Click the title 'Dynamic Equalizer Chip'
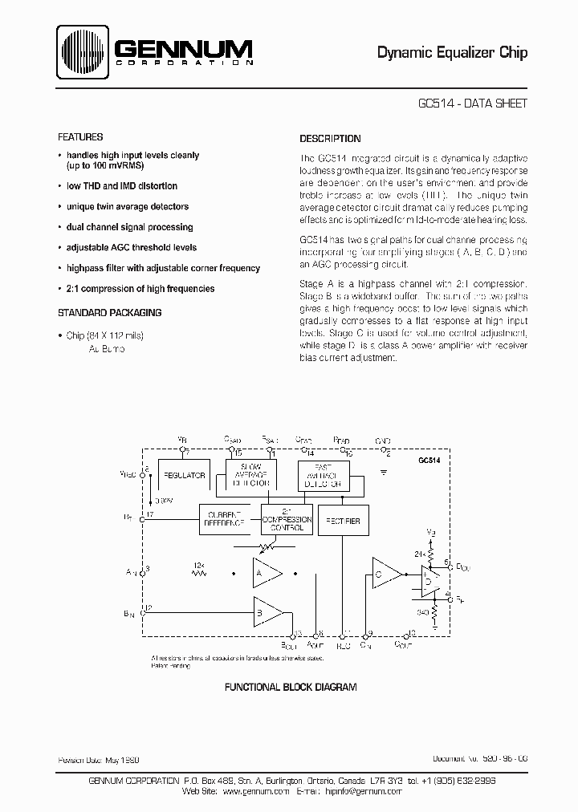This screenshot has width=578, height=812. tap(453, 53)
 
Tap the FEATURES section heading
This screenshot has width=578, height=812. tap(81, 137)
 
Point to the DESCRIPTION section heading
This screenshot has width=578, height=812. tap(330, 138)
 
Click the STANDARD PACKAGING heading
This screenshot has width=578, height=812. tap(110, 312)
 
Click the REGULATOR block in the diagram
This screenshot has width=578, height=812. tap(185, 475)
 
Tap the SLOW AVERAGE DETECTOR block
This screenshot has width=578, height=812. tap(251, 475)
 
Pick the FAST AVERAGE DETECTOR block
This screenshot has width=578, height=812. tap(324, 475)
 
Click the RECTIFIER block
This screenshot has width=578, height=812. tap(344, 521)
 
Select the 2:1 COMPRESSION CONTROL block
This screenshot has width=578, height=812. tap(287, 521)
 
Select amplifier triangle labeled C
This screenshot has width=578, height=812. tap(385, 573)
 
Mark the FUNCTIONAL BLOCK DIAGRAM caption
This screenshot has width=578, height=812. tap(290, 688)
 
